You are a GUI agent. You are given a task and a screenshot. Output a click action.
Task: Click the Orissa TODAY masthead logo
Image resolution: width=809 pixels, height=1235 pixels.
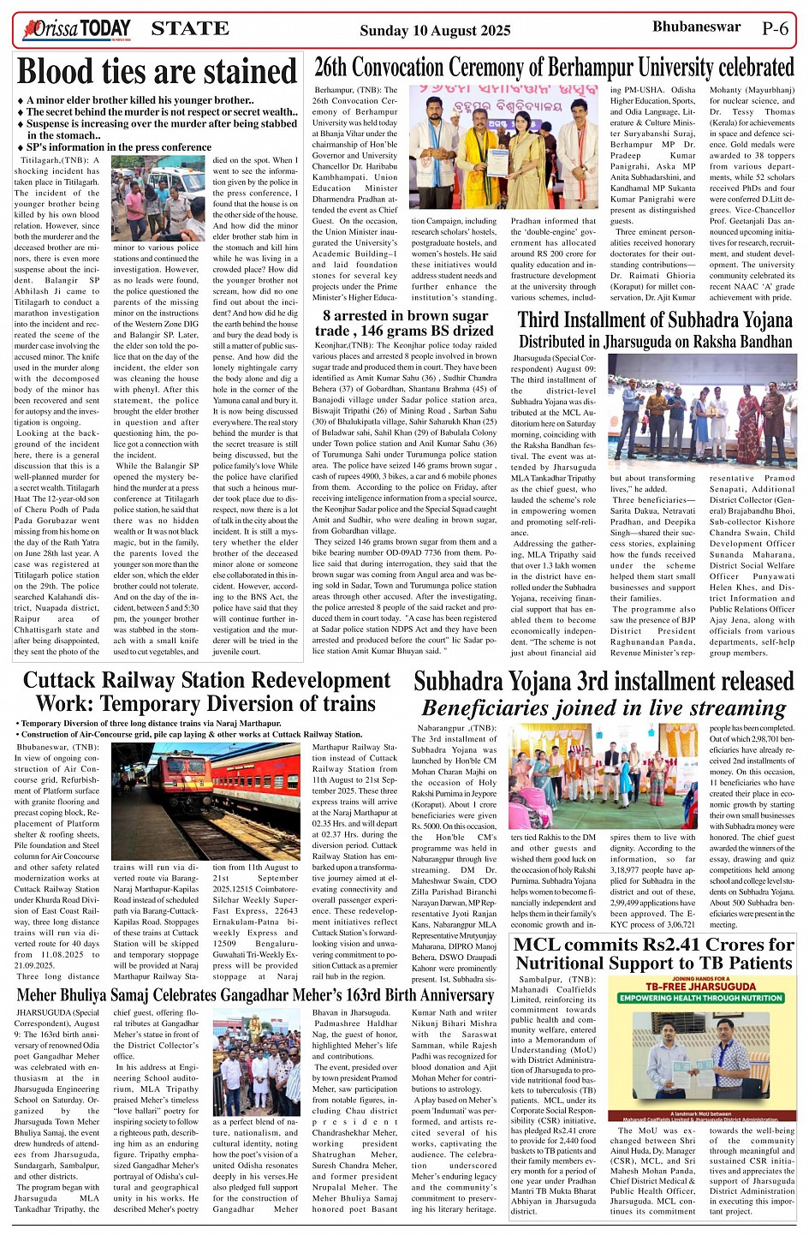(x=79, y=30)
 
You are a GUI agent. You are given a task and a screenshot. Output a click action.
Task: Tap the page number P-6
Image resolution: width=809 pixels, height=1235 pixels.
(x=775, y=28)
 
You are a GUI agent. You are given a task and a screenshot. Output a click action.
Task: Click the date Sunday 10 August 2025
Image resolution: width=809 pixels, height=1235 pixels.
(x=435, y=31)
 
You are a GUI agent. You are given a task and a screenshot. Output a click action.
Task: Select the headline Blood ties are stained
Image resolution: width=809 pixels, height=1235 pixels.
(x=158, y=72)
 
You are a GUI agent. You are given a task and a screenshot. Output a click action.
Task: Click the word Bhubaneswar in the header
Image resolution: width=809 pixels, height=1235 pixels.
(x=696, y=27)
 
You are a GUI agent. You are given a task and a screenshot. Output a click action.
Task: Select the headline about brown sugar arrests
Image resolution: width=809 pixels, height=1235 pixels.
(x=407, y=323)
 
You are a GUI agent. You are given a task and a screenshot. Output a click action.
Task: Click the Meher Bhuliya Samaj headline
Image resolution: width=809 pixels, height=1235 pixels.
(x=255, y=995)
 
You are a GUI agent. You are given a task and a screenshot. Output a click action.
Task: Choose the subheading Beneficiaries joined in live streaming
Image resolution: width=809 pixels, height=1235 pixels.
(x=604, y=708)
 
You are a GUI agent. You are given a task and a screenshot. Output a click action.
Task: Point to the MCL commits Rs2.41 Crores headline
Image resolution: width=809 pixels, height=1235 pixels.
(x=654, y=953)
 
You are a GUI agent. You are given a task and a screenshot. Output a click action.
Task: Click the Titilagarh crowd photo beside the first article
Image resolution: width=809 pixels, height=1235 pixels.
(x=158, y=198)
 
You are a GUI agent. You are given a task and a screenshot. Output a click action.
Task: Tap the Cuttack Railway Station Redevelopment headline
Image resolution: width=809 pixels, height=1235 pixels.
(x=206, y=692)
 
